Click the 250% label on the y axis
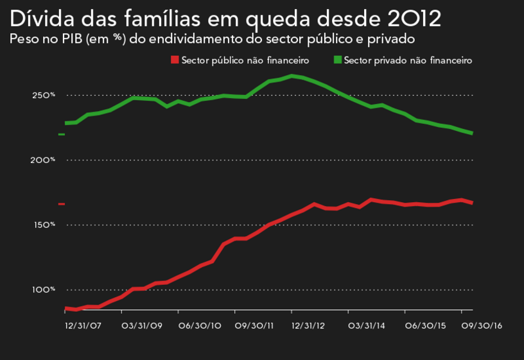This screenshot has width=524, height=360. click(x=44, y=96)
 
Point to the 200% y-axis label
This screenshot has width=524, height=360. click(x=44, y=160)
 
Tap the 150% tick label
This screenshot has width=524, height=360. click(x=44, y=225)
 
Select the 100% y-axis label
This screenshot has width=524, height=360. click(x=44, y=289)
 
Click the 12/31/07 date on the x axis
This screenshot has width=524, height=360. click(x=83, y=326)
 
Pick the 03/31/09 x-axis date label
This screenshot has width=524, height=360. click(x=142, y=326)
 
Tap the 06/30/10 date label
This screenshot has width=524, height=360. click(x=200, y=326)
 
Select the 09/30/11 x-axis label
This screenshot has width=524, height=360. click(x=255, y=326)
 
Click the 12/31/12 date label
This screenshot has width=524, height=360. click(x=309, y=326)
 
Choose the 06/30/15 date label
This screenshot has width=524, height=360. click(x=424, y=326)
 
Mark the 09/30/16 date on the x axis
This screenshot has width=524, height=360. click(x=482, y=326)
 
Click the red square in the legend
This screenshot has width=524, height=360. click(x=174, y=60)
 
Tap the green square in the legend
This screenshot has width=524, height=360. click(x=338, y=60)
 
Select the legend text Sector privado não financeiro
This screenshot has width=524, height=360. click(x=408, y=60)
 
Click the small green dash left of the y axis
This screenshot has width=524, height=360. click(x=62, y=134)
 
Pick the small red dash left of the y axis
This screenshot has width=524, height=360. click(x=62, y=204)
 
